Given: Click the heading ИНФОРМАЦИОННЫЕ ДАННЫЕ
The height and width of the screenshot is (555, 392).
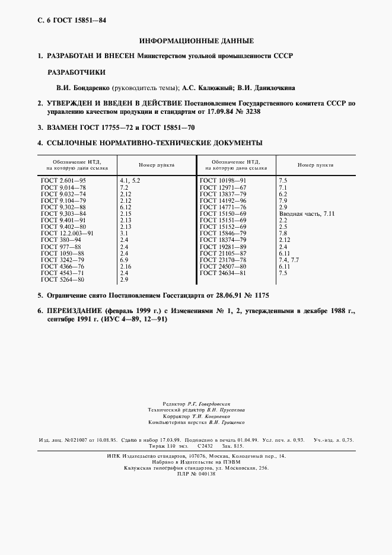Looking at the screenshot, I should (x=196, y=42).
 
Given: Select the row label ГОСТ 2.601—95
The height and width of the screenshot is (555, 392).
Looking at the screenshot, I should (x=63, y=179).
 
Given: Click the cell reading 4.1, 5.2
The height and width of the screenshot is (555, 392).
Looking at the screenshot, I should (x=130, y=179).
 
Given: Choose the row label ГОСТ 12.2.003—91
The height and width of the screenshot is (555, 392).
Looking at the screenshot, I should (x=68, y=234).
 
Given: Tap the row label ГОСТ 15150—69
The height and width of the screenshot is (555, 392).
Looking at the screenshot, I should (x=223, y=213).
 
